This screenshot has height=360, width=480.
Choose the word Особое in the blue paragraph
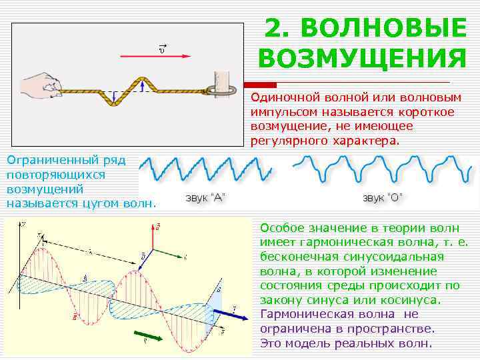(x=279, y=227)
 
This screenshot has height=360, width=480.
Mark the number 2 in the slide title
(x=275, y=29)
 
